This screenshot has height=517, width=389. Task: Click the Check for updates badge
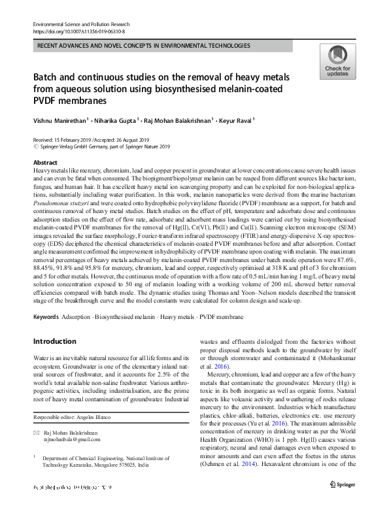pyautogui.click(x=337, y=62)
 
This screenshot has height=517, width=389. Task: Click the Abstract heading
pyautogui.click(x=44, y=162)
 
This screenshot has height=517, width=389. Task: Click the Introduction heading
pyautogui.click(x=54, y=341)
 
